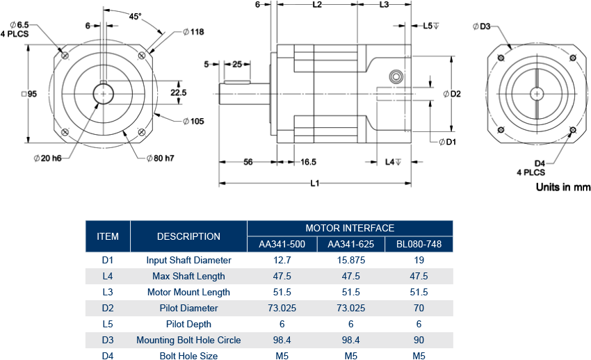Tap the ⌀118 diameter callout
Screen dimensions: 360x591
pyautogui.click(x=193, y=32)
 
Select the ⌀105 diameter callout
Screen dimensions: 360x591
pyautogui.click(x=193, y=121)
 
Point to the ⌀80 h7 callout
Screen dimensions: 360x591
pyautogui.click(x=160, y=158)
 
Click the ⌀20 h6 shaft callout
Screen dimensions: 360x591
pyautogui.click(x=47, y=158)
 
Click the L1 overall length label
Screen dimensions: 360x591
pyautogui.click(x=314, y=183)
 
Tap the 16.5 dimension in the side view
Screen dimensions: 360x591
pyautogui.click(x=308, y=162)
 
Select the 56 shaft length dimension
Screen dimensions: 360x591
pyautogui.click(x=248, y=162)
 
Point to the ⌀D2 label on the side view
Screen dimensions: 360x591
pyautogui.click(x=452, y=94)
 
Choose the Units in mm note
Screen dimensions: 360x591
pyautogui.click(x=562, y=187)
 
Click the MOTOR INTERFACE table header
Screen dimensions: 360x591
pyautogui.click(x=350, y=228)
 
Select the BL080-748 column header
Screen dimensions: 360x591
pyautogui.click(x=419, y=244)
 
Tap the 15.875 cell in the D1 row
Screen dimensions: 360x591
pyautogui.click(x=350, y=260)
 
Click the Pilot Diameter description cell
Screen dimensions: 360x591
pyautogui.click(x=188, y=308)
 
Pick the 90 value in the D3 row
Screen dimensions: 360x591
pyautogui.click(x=419, y=340)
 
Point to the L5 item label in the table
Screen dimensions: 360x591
pyautogui.click(x=108, y=324)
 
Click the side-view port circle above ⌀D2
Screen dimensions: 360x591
pyautogui.click(x=396, y=76)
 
